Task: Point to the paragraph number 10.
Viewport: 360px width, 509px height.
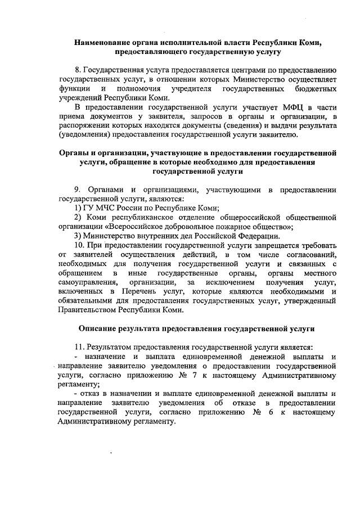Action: pyautogui.click(x=79, y=245)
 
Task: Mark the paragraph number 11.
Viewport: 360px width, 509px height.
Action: pyautogui.click(x=79, y=348)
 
